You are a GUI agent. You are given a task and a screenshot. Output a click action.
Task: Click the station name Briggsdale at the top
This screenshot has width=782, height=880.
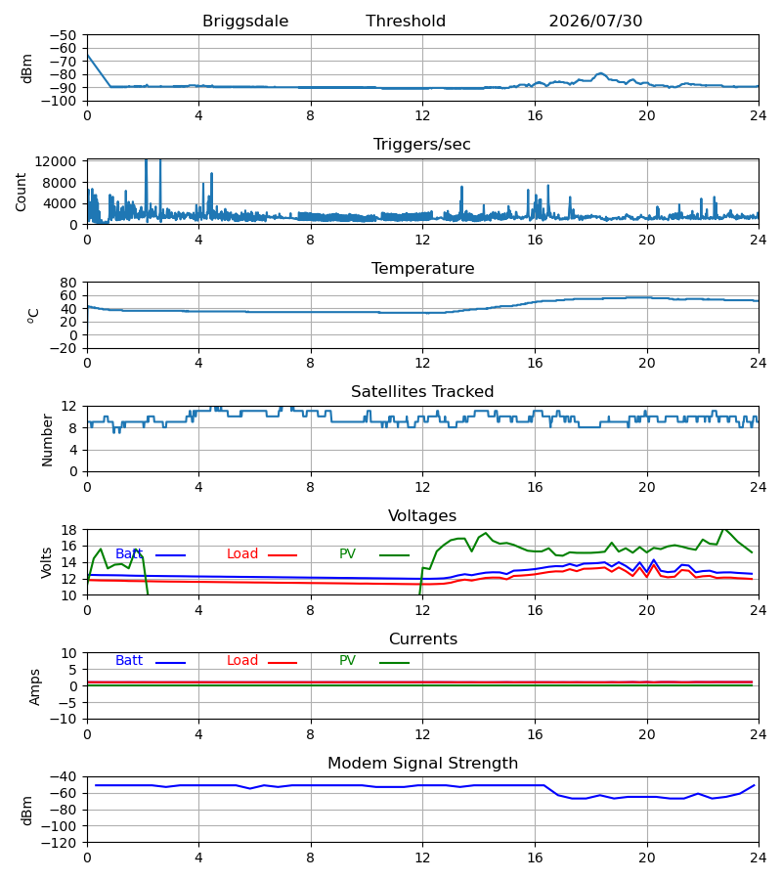click(x=245, y=22)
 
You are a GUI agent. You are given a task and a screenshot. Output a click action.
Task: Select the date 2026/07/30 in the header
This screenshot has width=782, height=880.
click(x=595, y=22)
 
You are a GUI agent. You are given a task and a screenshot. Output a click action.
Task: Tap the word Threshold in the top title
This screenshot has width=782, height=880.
click(x=406, y=22)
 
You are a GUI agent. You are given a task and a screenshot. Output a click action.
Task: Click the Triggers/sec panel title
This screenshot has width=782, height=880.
click(x=422, y=145)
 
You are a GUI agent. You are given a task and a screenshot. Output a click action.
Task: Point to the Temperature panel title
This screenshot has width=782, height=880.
click(x=422, y=268)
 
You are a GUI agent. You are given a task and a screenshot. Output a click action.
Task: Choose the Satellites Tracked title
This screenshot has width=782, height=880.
click(x=422, y=392)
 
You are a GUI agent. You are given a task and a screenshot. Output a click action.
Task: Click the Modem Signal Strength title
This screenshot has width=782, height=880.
click(x=422, y=764)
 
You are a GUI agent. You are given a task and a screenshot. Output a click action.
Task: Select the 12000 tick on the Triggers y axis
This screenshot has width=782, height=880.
click(x=56, y=161)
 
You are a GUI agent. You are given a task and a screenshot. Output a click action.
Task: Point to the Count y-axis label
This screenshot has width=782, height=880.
click(x=21, y=192)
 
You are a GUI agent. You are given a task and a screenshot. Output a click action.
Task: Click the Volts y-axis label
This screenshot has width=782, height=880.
click(x=46, y=563)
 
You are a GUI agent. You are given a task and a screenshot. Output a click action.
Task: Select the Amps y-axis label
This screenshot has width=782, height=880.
click(x=34, y=687)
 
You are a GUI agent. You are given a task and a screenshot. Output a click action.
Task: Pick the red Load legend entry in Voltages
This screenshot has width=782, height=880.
click(x=262, y=554)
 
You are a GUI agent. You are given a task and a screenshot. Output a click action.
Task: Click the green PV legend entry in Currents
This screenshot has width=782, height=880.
click(x=374, y=661)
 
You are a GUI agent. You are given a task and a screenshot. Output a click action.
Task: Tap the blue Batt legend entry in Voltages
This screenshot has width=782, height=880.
click(x=151, y=554)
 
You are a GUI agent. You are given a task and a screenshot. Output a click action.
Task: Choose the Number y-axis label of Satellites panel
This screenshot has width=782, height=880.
click(x=47, y=441)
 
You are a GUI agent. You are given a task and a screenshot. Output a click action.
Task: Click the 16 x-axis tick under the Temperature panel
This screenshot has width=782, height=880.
click(x=535, y=363)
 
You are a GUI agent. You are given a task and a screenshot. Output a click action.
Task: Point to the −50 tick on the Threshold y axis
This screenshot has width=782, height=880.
click(x=63, y=35)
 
